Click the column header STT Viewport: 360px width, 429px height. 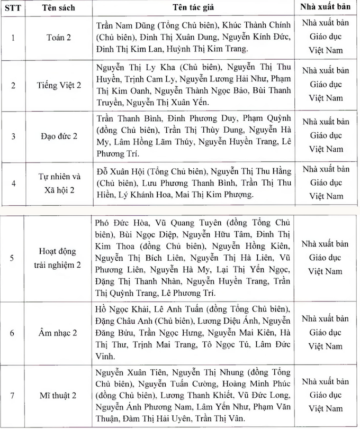[x=13, y=8]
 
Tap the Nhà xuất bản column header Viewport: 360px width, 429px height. [x=327, y=7]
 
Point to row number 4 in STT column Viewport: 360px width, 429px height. [x=13, y=184]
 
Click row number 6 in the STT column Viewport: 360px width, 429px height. [x=13, y=333]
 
